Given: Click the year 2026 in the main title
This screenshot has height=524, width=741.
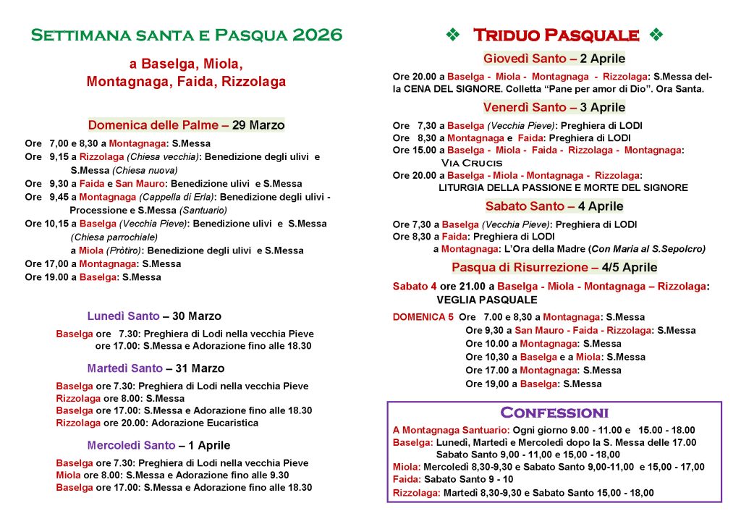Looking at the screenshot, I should (318, 35).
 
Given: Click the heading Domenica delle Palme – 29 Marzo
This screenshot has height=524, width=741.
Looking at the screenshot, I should (186, 125).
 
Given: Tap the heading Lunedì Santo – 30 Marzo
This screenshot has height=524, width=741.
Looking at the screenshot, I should (154, 316).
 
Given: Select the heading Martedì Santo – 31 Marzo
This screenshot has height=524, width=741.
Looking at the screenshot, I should (156, 368).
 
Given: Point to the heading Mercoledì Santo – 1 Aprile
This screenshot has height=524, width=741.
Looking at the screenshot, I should (158, 445).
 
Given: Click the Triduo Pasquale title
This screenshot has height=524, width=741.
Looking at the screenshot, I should (556, 35).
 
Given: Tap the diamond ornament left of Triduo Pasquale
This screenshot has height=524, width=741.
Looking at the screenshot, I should (452, 35).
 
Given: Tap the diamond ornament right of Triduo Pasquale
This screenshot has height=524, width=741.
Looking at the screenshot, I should (656, 35).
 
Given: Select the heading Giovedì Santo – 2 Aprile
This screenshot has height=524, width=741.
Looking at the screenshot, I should (554, 59).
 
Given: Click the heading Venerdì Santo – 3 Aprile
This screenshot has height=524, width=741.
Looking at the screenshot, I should (554, 108).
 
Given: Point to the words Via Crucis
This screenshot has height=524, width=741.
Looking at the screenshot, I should (471, 163).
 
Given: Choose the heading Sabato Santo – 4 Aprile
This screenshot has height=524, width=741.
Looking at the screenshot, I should (554, 206).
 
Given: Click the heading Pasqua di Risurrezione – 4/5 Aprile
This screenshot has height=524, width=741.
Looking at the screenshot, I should (554, 268).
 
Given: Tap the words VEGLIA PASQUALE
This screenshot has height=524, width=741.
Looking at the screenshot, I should (487, 300).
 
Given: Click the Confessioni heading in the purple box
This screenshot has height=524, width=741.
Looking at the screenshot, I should (554, 413).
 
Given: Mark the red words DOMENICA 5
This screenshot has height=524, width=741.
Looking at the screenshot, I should (423, 317).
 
